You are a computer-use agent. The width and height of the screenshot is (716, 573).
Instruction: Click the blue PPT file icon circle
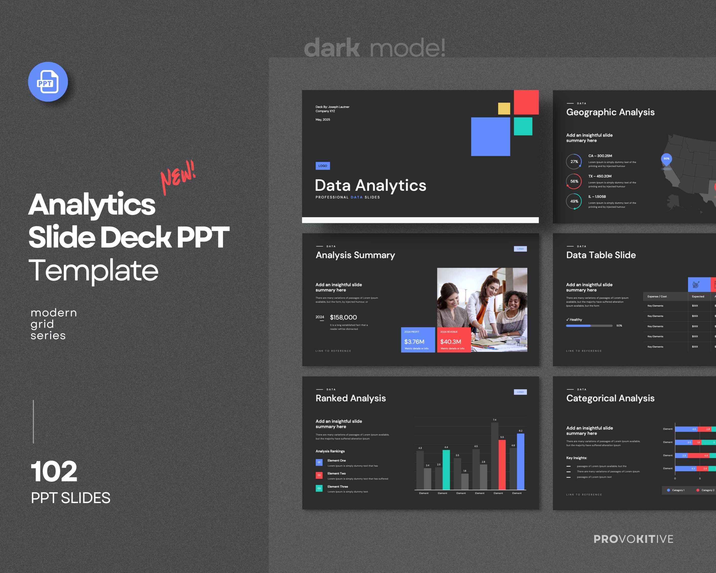[48, 82]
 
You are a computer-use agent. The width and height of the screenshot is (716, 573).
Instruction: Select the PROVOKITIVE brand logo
[633, 539]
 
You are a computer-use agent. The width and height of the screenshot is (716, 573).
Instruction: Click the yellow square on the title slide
[504, 109]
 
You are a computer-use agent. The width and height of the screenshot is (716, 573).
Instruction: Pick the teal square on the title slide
[523, 126]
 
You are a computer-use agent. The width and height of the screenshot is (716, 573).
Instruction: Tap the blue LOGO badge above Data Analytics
[322, 166]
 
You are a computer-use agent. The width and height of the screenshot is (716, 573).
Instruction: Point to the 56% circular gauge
[574, 181]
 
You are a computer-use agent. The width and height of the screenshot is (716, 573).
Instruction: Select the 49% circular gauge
[574, 201]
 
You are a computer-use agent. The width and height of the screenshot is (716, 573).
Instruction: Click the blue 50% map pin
[666, 159]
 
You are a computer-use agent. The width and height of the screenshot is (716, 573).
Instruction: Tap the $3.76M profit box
[418, 340]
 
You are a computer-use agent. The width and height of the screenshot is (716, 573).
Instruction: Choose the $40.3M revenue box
[454, 340]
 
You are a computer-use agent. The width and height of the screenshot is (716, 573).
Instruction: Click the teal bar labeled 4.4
[446, 469]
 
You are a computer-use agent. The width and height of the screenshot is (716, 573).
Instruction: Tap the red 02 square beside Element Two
[319, 475]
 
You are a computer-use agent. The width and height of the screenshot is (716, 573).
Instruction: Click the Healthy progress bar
[589, 326]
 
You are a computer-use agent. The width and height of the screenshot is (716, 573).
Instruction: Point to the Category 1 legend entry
[675, 490]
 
